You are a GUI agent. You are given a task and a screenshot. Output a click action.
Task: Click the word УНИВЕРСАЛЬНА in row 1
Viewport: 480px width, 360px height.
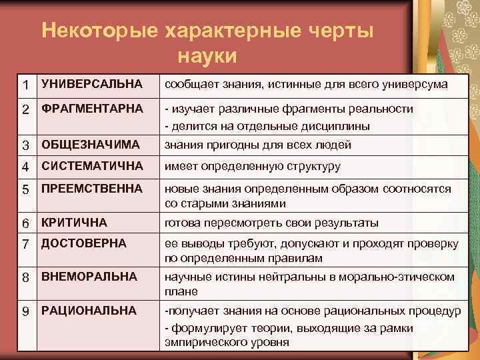tap(91, 84)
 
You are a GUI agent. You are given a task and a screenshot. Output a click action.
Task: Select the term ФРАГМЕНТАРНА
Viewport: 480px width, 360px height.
tap(92, 108)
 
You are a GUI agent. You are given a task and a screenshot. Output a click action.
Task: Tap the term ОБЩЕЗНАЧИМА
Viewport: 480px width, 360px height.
tap(90, 145)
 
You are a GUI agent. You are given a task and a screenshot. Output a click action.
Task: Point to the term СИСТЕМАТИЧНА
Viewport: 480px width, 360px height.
tap(92, 166)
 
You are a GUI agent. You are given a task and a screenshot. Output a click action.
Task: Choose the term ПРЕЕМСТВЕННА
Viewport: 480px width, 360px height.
tap(92, 189)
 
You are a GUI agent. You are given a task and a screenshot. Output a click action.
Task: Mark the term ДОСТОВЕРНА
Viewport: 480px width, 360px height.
tap(83, 243)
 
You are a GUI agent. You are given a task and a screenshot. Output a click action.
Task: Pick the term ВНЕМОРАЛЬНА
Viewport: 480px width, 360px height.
tap(89, 275)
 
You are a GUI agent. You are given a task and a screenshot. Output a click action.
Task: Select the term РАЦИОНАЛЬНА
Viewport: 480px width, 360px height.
tap(89, 310)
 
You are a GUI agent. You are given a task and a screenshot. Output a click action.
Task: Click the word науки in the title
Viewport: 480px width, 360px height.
tap(207, 55)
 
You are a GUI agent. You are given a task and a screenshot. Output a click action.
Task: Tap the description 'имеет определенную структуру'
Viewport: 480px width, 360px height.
tap(253, 167)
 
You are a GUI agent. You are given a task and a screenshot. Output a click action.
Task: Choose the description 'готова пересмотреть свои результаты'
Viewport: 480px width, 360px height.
tap(271, 223)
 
